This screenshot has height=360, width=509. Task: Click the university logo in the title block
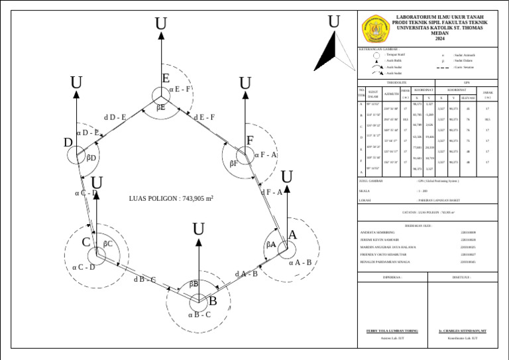(375, 29)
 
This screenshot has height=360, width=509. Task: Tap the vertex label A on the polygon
(292, 235)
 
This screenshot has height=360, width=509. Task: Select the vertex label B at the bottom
(213, 301)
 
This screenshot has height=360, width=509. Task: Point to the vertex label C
(86, 243)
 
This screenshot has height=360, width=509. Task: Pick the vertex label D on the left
(68, 143)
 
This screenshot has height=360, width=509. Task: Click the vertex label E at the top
(166, 78)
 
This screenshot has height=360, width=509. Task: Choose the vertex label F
(250, 141)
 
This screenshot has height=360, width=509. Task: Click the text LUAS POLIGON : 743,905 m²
(171, 198)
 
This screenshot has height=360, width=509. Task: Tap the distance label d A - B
(246, 274)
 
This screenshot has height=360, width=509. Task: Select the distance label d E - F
(204, 117)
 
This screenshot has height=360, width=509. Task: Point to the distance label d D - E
(115, 117)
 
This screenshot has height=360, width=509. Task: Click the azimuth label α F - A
(266, 155)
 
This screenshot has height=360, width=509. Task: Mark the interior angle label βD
(91, 158)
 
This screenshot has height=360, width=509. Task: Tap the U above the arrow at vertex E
(161, 25)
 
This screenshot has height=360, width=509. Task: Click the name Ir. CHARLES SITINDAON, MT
(463, 330)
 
